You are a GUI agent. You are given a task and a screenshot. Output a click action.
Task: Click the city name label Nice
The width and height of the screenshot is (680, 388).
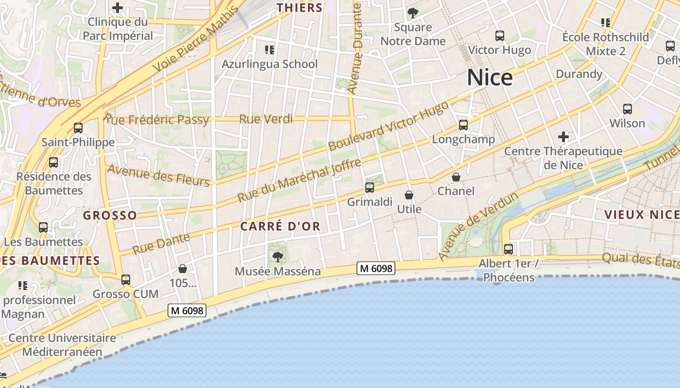(x=490, y=78)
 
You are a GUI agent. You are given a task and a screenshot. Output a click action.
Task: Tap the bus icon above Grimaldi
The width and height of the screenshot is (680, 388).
(x=370, y=187)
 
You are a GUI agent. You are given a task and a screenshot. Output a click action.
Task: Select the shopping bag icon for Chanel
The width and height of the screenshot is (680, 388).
(x=456, y=177)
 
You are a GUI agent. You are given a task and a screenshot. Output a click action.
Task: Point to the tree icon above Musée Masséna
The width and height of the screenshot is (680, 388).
(x=277, y=257)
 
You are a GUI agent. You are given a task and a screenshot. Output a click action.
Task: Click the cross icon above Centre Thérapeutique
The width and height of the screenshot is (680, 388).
(x=563, y=137)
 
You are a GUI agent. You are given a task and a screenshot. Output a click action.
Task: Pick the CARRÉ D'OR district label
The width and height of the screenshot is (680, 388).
(x=280, y=226)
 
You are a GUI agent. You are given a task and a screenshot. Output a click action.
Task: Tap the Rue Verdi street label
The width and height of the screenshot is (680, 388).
(x=266, y=119)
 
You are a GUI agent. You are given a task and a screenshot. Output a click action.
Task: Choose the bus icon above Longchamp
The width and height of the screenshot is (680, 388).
(x=463, y=125)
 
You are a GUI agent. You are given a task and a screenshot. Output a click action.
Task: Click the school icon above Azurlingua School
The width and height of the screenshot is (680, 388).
(x=270, y=49)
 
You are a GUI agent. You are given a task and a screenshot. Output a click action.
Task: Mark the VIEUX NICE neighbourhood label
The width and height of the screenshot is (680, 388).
(x=641, y=214)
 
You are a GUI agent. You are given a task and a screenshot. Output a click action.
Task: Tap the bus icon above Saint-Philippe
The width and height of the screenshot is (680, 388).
(x=78, y=128)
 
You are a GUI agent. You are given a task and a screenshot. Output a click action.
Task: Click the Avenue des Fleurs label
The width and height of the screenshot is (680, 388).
(x=158, y=175)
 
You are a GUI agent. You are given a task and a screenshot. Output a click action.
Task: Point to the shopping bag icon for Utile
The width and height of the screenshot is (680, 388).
(x=409, y=195)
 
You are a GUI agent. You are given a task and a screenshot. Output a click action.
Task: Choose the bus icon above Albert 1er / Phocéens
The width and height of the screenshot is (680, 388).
(x=509, y=249)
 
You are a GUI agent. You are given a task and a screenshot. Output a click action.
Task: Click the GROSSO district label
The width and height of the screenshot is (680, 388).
(x=110, y=215)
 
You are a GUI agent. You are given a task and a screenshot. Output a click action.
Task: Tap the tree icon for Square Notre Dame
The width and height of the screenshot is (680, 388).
(x=413, y=13)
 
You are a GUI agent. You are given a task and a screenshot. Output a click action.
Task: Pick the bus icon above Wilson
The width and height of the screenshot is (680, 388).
(x=628, y=109)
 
